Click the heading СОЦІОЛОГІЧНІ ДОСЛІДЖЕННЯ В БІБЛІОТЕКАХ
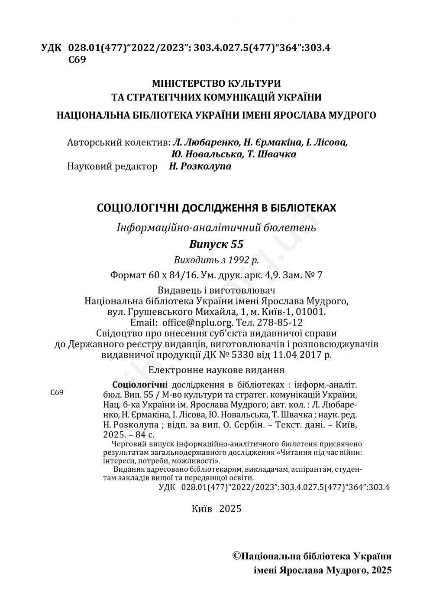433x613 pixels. pyautogui.click(x=216, y=208)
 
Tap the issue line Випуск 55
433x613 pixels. pyautogui.click(x=216, y=244)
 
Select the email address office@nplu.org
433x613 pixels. pyautogui.click(x=197, y=323)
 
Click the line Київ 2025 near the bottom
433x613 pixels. pyautogui.click(x=216, y=509)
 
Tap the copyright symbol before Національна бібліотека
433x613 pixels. pyautogui.click(x=237, y=556)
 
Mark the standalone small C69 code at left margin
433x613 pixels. pyautogui.click(x=57, y=393)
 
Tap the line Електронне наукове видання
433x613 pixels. pyautogui.click(x=216, y=370)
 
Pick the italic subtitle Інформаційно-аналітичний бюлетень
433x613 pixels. pyautogui.click(x=216, y=227)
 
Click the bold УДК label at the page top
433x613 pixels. pyautogui.click(x=52, y=48)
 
